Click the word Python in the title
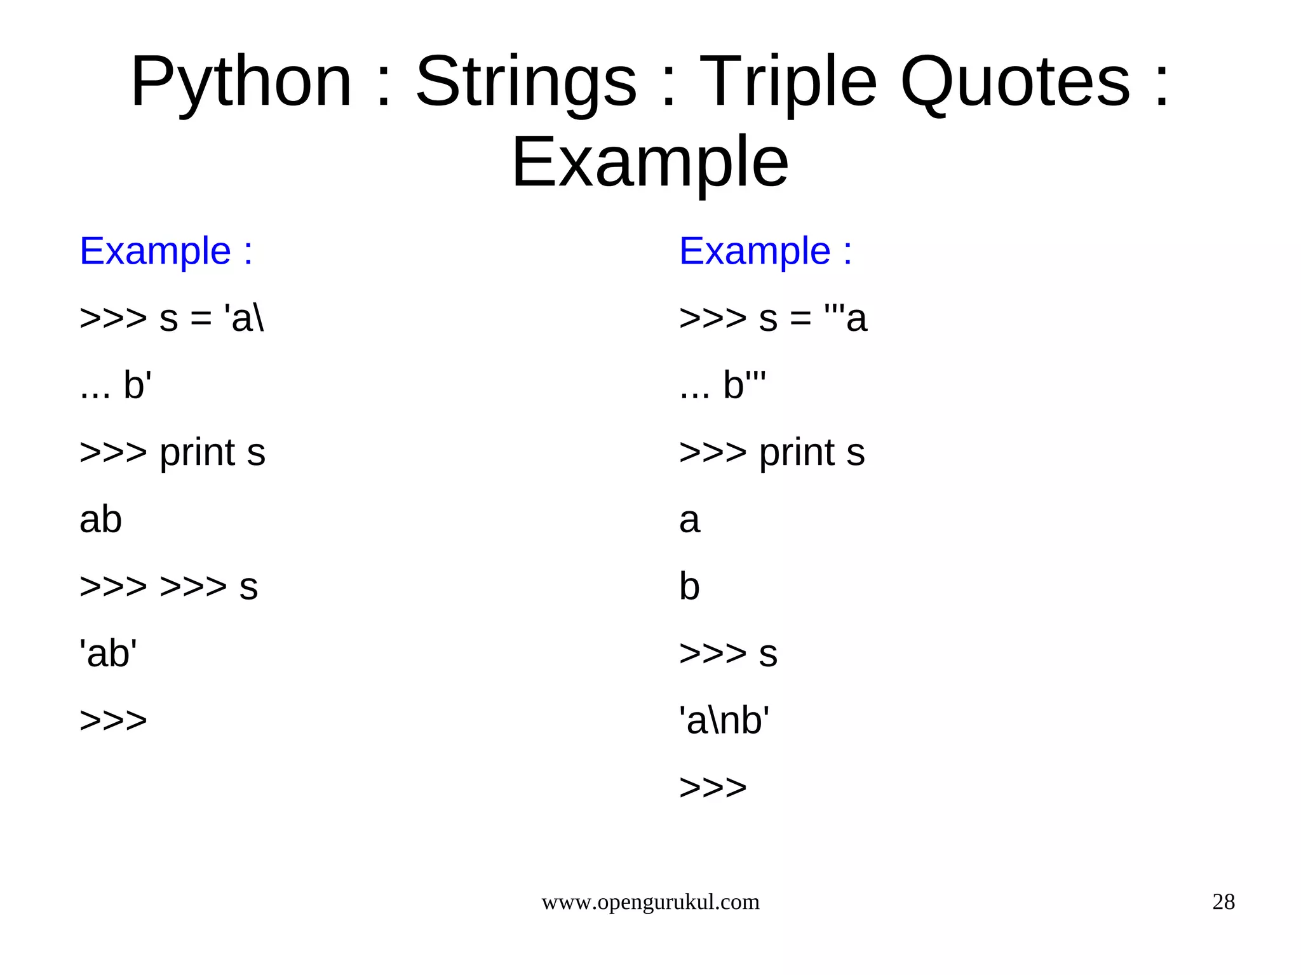point(241,83)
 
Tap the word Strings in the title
point(525,83)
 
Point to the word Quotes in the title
point(1015,83)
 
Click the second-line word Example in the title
point(649,163)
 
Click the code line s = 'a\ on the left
point(172,318)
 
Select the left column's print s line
point(172,452)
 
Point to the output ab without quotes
point(100,520)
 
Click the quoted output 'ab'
point(108,653)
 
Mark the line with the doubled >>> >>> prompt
point(168,586)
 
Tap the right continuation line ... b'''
point(722,385)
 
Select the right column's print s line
point(772,452)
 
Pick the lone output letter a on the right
point(689,520)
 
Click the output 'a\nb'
point(724,720)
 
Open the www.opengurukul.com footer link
point(650,902)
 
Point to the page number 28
point(1223,902)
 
